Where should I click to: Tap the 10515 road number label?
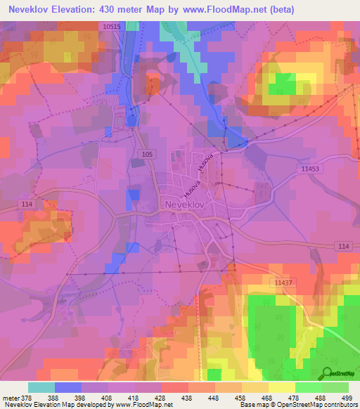pos(111,26)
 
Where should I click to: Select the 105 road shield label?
pos(146,153)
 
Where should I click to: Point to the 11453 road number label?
pos(309,169)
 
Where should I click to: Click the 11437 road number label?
pos(283,282)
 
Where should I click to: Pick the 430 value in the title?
pos(117,9)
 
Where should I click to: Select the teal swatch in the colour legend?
pos(41,387)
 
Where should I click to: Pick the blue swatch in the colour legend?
pos(68,387)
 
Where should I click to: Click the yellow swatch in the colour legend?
pos(281,387)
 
